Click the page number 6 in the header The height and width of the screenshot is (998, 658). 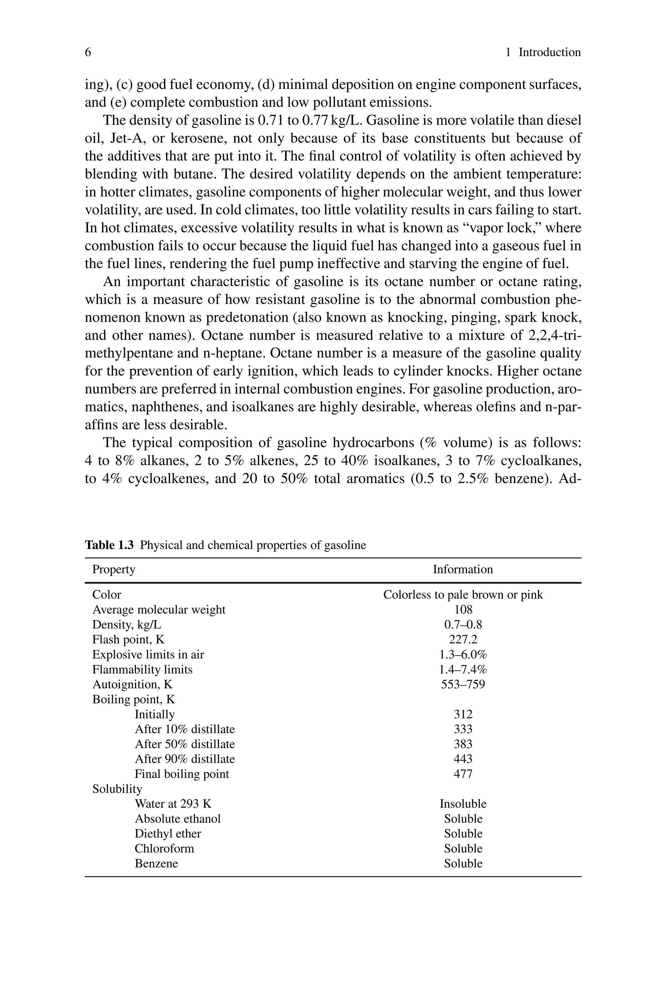tap(88, 52)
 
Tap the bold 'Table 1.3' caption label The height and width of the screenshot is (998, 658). tap(109, 545)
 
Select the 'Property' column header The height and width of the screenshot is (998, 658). tap(114, 570)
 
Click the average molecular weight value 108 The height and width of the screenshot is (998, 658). tap(463, 609)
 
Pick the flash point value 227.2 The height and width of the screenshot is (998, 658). tap(463, 639)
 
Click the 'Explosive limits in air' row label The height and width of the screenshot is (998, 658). tap(148, 654)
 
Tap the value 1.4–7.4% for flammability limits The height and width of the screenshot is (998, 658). tap(463, 670)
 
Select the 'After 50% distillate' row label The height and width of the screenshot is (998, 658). tap(185, 744)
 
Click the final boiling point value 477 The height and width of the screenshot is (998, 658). tap(463, 774)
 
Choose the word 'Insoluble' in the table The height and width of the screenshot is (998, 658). tap(463, 804)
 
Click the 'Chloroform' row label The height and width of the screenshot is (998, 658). tap(164, 849)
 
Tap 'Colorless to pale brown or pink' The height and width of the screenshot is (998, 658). tap(463, 595)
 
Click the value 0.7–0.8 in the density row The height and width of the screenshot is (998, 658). tap(463, 625)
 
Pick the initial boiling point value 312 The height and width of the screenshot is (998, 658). tap(463, 714)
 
